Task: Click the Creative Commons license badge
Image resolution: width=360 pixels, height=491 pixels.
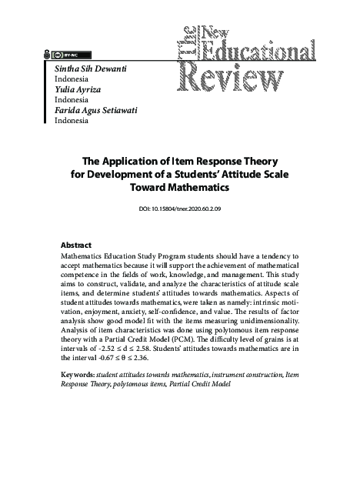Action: (66, 55)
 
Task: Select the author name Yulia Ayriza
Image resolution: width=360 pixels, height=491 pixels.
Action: (81, 89)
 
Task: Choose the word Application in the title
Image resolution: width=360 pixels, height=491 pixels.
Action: (132, 162)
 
